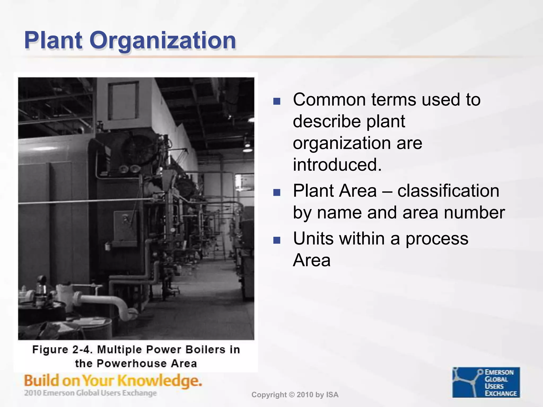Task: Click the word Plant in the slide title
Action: point(53,41)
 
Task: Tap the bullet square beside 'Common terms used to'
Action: point(277,101)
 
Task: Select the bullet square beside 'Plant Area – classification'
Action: point(277,192)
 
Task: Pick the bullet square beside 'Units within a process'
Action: point(277,240)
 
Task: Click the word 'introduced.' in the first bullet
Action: point(337,165)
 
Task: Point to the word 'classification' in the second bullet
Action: point(448,191)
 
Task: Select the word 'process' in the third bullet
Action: point(437,239)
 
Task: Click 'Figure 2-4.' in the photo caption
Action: point(63,350)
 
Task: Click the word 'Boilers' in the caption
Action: point(205,350)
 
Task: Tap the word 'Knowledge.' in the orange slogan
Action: point(159,381)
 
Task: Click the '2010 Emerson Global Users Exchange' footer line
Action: point(90,393)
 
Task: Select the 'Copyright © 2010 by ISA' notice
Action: point(295,395)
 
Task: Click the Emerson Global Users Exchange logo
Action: point(486,382)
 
